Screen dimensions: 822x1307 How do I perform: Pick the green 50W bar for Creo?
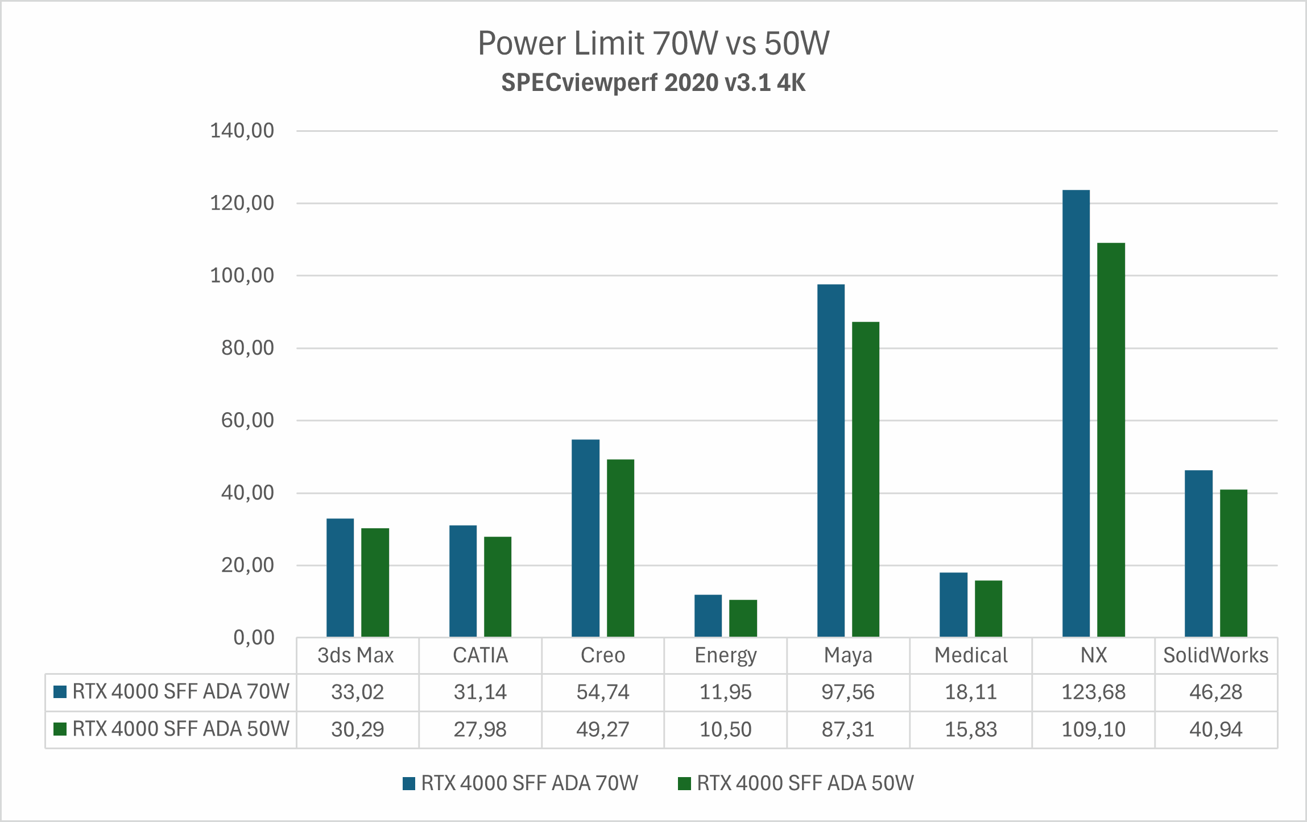(x=621, y=548)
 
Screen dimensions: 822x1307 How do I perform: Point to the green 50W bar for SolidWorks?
(x=1234, y=563)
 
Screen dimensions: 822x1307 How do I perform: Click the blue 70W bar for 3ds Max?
(x=340, y=578)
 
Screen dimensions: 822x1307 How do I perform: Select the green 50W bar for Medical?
(x=988, y=608)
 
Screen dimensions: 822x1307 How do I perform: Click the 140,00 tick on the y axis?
(x=242, y=131)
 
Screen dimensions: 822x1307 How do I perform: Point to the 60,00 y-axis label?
(x=247, y=421)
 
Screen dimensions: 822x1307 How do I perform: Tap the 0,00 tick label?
(x=254, y=638)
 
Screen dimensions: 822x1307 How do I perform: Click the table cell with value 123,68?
(x=1093, y=692)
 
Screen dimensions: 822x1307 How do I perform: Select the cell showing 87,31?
(x=847, y=729)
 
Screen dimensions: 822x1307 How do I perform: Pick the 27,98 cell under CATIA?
(x=479, y=729)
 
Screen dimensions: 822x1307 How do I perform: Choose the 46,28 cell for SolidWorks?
(x=1215, y=692)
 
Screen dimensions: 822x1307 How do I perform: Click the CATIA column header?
(x=479, y=655)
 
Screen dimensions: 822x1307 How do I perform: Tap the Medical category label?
(x=970, y=655)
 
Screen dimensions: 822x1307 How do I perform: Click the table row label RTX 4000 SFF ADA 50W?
(x=180, y=729)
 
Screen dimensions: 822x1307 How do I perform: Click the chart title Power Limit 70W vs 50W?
(x=653, y=43)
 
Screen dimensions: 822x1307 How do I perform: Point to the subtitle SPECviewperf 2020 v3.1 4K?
(x=653, y=83)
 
